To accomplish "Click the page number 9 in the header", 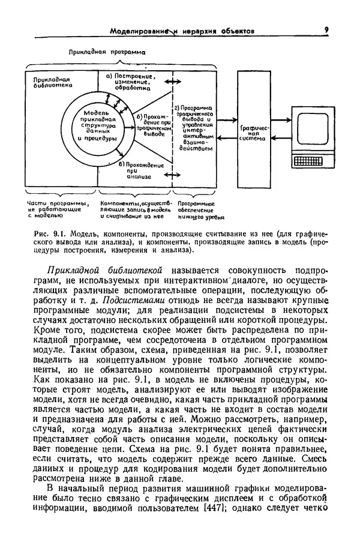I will pyautogui.click(x=325, y=28).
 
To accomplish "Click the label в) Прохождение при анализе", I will pyautogui.click(x=140, y=170).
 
